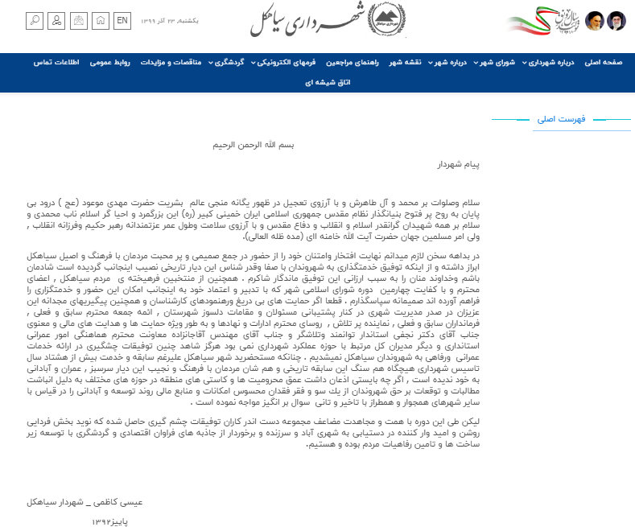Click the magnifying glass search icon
coord(35,21)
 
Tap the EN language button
coord(122,20)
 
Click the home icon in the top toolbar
coord(101,21)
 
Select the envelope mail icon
coord(79,21)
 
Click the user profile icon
coord(56,21)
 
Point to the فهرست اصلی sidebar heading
coord(560,120)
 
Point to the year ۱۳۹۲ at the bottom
coord(109,520)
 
